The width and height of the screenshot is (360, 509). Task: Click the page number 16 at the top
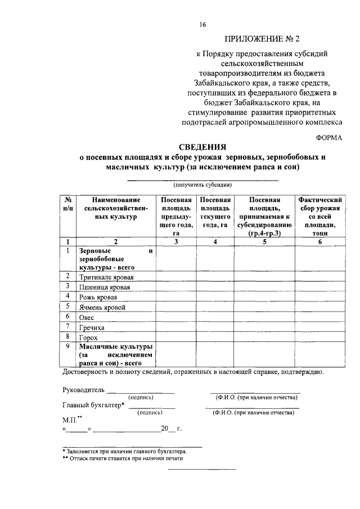click(x=202, y=24)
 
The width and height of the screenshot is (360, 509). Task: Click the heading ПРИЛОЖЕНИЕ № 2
click(x=263, y=39)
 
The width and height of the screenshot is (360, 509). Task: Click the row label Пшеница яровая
click(x=105, y=287)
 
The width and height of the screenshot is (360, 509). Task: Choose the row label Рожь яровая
click(x=98, y=298)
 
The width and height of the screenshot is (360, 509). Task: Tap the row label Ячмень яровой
click(x=102, y=308)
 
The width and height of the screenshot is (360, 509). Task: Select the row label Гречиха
click(x=92, y=327)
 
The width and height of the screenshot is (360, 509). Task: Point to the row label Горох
click(x=89, y=337)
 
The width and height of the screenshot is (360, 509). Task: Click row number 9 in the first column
click(x=67, y=348)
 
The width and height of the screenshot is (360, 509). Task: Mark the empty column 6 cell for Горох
click(x=320, y=337)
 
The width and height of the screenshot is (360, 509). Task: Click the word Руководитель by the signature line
click(x=83, y=389)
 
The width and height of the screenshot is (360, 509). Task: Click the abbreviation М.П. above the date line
click(x=71, y=420)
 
